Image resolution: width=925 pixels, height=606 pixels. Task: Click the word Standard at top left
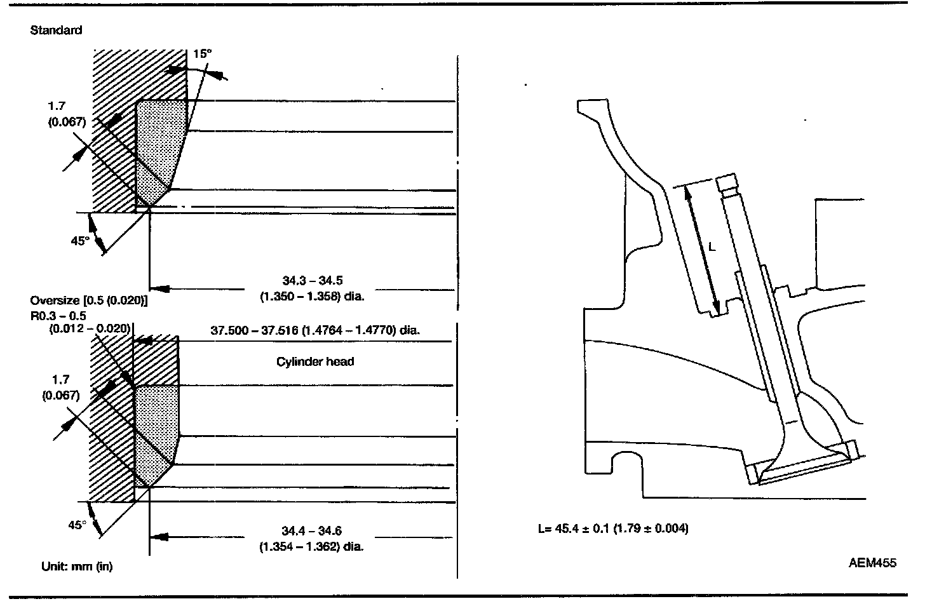[56, 30]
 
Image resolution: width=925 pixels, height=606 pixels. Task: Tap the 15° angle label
[201, 55]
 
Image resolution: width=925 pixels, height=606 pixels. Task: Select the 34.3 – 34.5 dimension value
[313, 280]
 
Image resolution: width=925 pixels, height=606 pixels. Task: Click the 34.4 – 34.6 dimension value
[313, 531]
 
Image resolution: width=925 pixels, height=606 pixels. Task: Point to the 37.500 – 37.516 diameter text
[316, 330]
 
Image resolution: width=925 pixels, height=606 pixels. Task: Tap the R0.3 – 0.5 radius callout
[58, 316]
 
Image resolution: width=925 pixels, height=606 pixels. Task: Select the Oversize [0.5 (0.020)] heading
[89, 300]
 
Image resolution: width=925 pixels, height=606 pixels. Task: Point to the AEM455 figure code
[872, 563]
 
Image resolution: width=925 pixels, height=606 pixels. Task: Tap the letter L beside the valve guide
[712, 247]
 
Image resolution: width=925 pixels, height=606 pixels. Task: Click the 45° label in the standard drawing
[79, 241]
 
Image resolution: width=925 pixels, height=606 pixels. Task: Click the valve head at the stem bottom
[800, 467]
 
